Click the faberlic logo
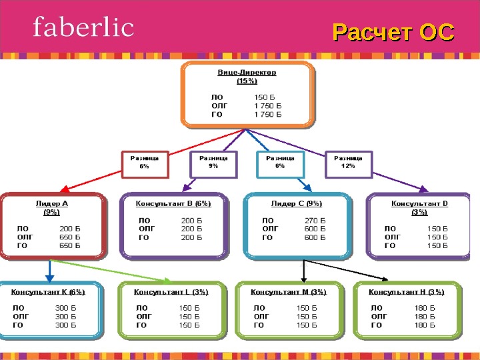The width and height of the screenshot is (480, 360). pyautogui.click(x=83, y=28)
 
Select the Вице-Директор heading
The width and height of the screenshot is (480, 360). pyautogui.click(x=247, y=72)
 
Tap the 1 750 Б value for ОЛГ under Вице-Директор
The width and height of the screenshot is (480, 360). pyautogui.click(x=268, y=105)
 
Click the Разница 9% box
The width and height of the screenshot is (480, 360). pyautogui.click(x=213, y=163)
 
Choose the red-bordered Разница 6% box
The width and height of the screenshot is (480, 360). pyautogui.click(x=144, y=163)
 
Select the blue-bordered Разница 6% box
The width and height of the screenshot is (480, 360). pyautogui.click(x=280, y=163)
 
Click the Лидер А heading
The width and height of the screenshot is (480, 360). pyautogui.click(x=51, y=203)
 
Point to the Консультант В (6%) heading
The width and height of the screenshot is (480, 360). pyautogui.click(x=173, y=203)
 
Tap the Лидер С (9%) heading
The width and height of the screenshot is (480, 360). pyautogui.click(x=296, y=203)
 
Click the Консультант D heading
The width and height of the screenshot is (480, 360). pyautogui.click(x=419, y=203)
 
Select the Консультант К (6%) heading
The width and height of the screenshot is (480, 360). pyautogui.click(x=48, y=291)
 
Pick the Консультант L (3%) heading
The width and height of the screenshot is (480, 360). pyautogui.click(x=171, y=291)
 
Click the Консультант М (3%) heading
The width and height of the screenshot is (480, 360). pyautogui.click(x=289, y=291)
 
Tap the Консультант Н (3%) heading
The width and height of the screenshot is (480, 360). pyautogui.click(x=407, y=291)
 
